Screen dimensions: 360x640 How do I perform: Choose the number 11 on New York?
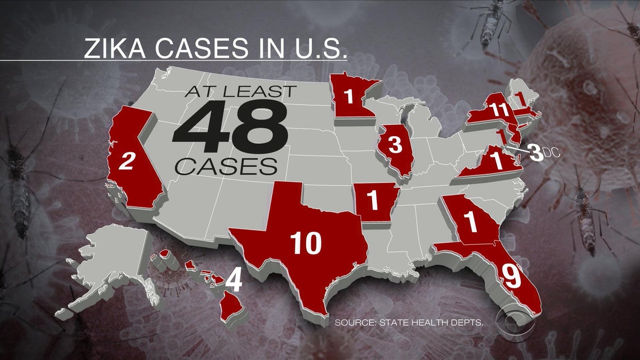[x=499, y=110]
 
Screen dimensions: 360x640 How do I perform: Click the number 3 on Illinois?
[x=394, y=146]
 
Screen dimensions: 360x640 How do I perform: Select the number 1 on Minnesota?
[x=349, y=96]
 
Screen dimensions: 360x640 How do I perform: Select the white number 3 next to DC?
[x=537, y=153]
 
